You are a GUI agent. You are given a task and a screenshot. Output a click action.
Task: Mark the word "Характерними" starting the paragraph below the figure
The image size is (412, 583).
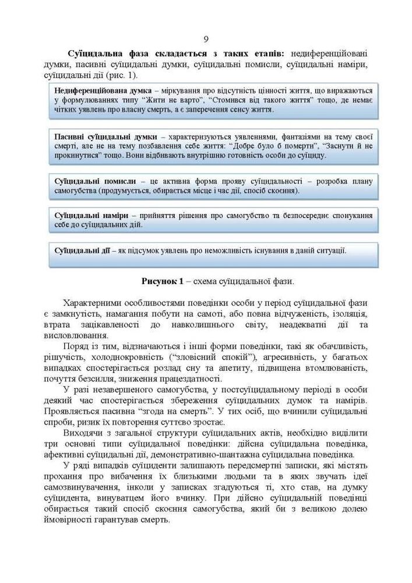tap(96, 304)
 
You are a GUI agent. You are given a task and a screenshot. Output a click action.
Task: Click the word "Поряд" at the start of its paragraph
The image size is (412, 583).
tap(76, 346)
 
